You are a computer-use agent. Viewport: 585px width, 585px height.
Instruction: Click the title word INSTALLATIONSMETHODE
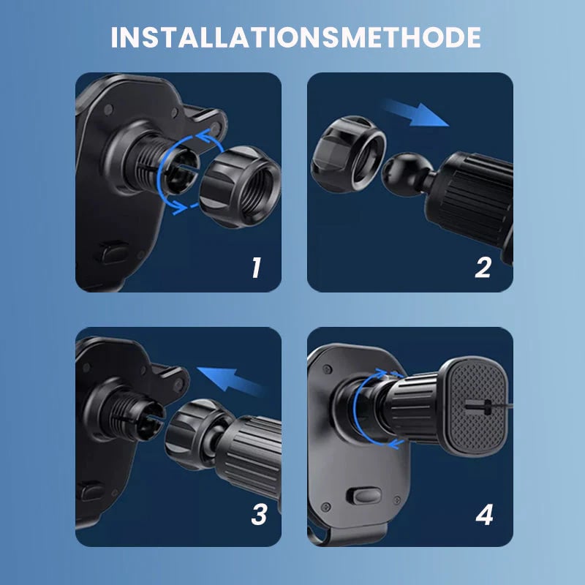click(295, 37)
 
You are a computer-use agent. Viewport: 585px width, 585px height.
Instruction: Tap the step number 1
click(255, 268)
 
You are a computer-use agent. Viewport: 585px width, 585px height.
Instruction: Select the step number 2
click(483, 268)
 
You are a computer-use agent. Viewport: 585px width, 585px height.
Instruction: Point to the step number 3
click(257, 515)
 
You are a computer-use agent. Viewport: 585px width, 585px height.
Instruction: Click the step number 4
click(483, 515)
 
